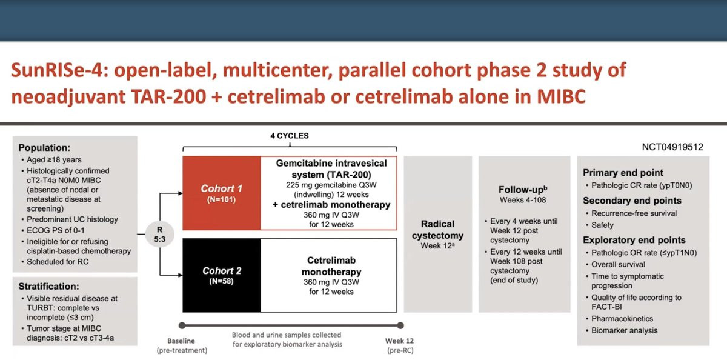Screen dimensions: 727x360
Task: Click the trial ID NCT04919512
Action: (x=672, y=147)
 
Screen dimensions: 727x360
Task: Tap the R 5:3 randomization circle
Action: (x=160, y=234)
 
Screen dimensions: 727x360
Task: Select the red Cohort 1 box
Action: (x=221, y=193)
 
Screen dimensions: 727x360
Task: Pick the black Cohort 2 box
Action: (x=221, y=275)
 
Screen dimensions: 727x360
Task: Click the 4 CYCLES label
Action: (x=290, y=136)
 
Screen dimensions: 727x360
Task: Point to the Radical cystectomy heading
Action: (x=437, y=230)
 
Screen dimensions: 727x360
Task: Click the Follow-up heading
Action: (x=523, y=189)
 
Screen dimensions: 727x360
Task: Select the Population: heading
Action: (x=44, y=148)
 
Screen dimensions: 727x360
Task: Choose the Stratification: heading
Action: (x=48, y=286)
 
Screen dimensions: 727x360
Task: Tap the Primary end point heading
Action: (x=623, y=172)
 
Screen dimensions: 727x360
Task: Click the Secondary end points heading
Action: (x=632, y=200)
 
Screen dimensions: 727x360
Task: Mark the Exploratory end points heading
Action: (x=634, y=240)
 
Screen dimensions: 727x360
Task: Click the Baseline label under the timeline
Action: (x=181, y=341)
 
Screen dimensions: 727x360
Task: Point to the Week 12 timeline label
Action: (x=399, y=341)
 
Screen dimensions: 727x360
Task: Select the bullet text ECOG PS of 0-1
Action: (x=56, y=230)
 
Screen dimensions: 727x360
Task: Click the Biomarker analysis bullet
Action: (x=625, y=330)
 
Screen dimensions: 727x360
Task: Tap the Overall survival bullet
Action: (x=618, y=265)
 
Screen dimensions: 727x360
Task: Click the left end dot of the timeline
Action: (x=182, y=325)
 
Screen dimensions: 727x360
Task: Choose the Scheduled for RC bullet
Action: (x=58, y=262)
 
